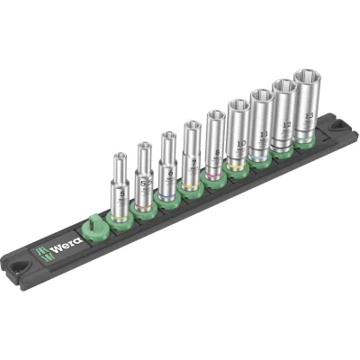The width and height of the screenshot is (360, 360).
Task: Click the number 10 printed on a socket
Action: [240, 142]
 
